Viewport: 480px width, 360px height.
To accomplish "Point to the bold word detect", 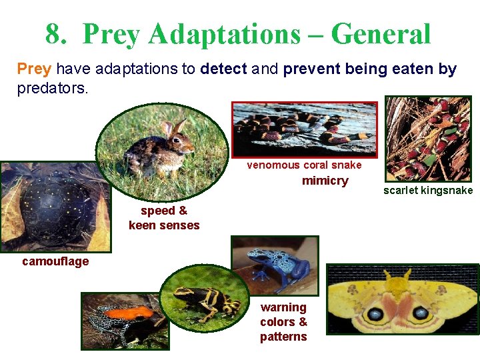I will point(224,69).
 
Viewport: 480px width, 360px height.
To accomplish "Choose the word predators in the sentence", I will point(51,87).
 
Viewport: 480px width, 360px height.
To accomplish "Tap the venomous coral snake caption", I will point(304,165).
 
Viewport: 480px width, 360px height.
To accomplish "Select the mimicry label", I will point(325,181).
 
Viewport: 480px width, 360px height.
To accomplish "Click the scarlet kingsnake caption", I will point(427,191).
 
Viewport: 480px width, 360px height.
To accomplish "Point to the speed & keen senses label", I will point(164,218).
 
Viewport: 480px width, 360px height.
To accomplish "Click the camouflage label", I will point(55,261).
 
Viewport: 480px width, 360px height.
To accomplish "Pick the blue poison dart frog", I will point(273,266).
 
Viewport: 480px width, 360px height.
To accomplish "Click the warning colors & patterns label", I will point(283,321).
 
